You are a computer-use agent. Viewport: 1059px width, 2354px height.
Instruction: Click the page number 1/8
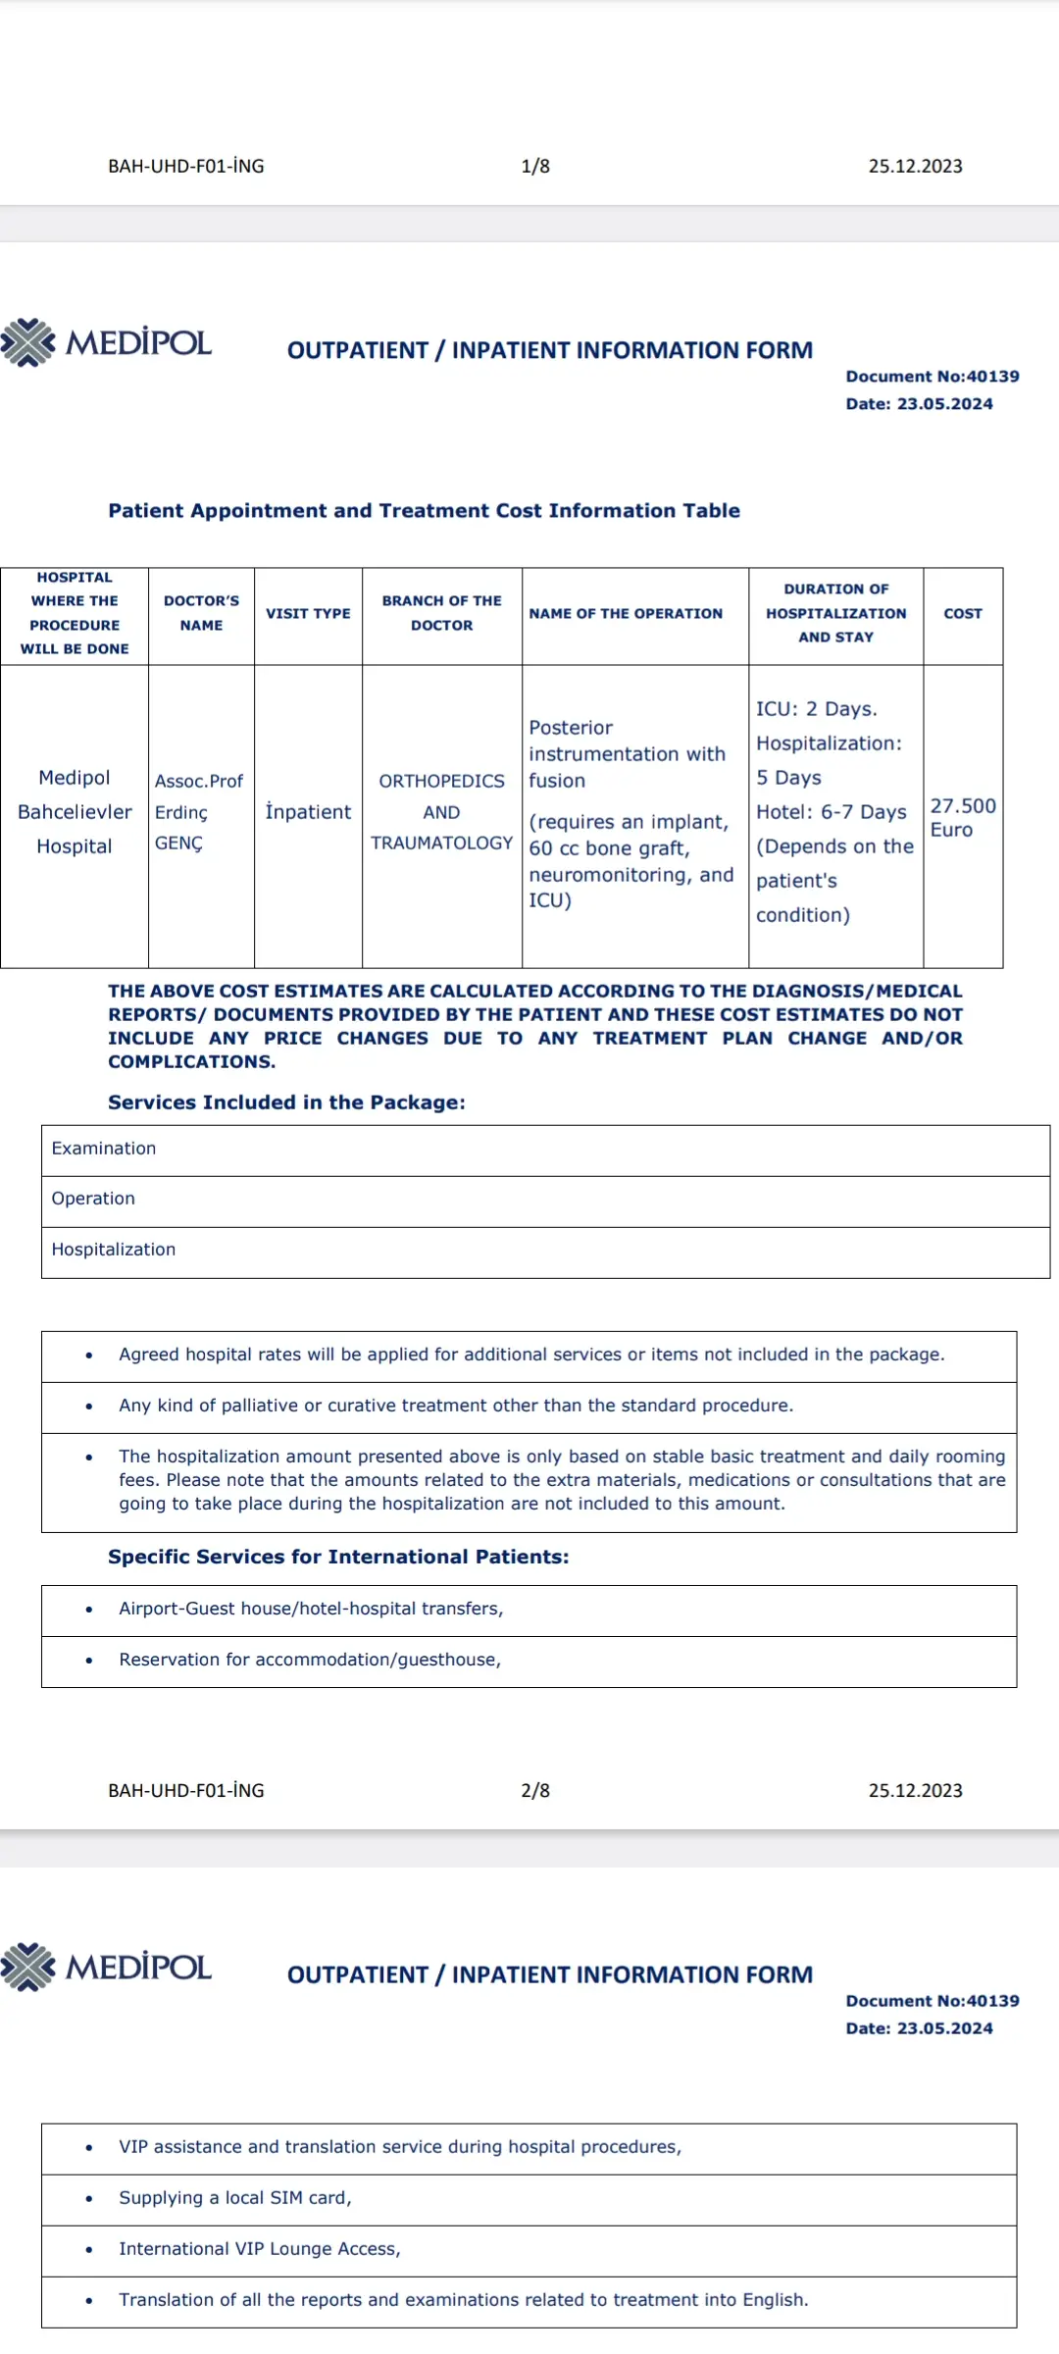tap(535, 167)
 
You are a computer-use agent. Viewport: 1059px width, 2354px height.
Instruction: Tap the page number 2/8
tap(535, 1791)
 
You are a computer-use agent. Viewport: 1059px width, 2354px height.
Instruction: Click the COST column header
tap(963, 614)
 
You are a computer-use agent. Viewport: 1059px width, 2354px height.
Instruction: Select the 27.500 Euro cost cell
tap(962, 817)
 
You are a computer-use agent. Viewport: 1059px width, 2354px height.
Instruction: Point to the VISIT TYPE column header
tap(308, 614)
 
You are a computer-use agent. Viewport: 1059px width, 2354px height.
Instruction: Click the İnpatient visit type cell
tap(308, 812)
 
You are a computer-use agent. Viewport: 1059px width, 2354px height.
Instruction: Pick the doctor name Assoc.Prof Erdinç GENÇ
tap(199, 812)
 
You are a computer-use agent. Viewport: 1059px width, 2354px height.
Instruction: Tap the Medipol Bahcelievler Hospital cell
tap(75, 812)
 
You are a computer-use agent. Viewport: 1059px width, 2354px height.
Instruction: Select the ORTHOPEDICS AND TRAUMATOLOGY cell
tap(441, 812)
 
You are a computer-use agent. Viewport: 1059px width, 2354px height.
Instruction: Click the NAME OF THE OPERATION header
tap(626, 614)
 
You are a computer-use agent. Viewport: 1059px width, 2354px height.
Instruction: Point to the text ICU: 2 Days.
tap(816, 709)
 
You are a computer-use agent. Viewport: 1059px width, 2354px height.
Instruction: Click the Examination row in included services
tap(104, 1149)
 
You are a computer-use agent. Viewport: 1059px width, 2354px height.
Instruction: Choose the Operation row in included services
tap(93, 1199)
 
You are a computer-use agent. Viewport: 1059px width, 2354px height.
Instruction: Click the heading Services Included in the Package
tap(286, 1102)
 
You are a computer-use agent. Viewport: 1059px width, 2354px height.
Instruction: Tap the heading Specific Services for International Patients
tap(338, 1557)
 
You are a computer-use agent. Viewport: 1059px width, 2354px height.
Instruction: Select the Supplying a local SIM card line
tap(235, 2198)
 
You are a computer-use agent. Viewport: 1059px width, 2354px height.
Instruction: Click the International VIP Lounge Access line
tap(260, 2249)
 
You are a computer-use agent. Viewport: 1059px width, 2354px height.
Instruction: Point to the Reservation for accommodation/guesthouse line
tap(310, 1660)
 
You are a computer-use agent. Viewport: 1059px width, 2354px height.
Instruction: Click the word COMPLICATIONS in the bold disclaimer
tap(191, 1062)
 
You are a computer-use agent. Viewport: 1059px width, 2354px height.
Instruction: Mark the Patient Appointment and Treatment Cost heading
tap(424, 511)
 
